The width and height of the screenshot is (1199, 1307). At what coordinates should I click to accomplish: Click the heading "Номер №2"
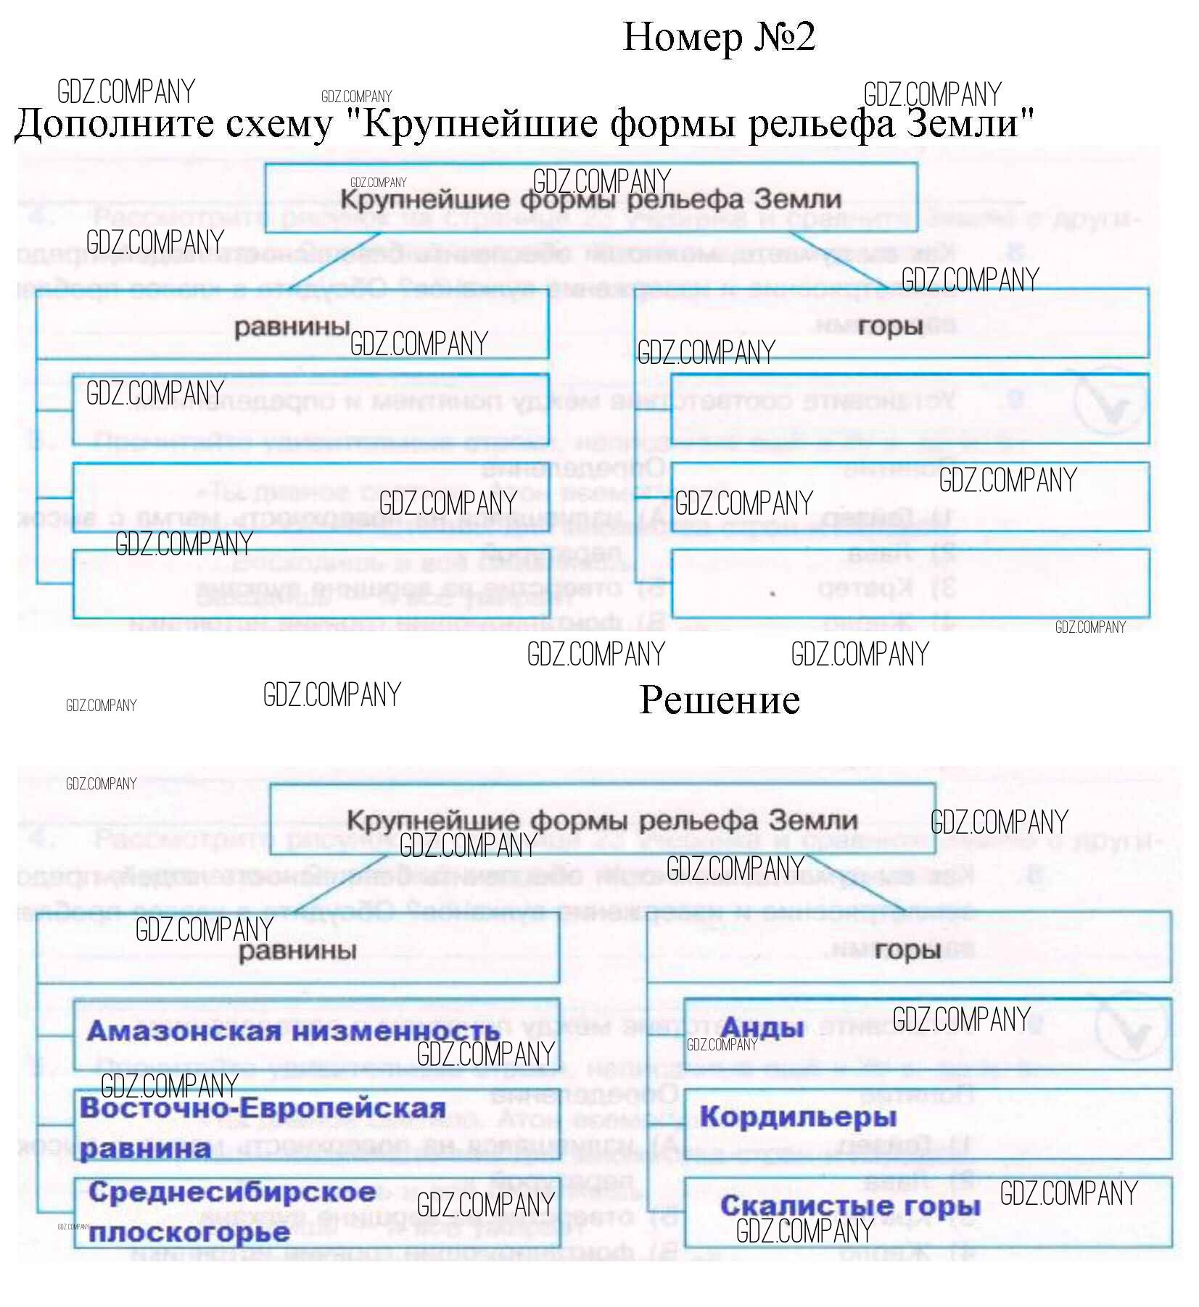click(718, 37)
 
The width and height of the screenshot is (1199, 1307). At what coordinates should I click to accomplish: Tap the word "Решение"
click(719, 700)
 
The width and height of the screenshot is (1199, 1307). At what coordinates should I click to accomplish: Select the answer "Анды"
click(761, 1027)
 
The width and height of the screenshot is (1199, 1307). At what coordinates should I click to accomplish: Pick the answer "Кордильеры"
click(797, 1116)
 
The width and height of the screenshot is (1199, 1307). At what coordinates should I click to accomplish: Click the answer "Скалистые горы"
click(849, 1206)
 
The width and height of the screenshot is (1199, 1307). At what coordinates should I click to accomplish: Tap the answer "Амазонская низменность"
click(293, 1031)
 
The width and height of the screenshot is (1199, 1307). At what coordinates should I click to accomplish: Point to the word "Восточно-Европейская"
click(263, 1108)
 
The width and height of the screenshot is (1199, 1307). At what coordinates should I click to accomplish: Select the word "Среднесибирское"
click(232, 1192)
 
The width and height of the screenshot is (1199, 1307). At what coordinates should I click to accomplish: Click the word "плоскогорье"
click(189, 1232)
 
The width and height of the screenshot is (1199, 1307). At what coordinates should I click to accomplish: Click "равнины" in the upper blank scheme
click(292, 327)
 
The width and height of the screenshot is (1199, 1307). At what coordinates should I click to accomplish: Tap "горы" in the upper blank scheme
click(890, 327)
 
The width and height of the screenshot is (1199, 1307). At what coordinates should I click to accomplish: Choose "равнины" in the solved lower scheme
click(297, 950)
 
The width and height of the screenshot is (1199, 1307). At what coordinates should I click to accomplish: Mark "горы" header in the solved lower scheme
click(907, 950)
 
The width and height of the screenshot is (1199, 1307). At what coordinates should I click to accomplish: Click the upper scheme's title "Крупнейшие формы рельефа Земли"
click(590, 199)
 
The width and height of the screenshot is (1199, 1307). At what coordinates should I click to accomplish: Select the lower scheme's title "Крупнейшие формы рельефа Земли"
click(601, 821)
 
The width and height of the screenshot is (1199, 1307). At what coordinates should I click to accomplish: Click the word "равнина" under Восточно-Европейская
click(145, 1149)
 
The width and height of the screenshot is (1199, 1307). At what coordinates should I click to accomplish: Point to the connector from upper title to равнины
click(335, 261)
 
